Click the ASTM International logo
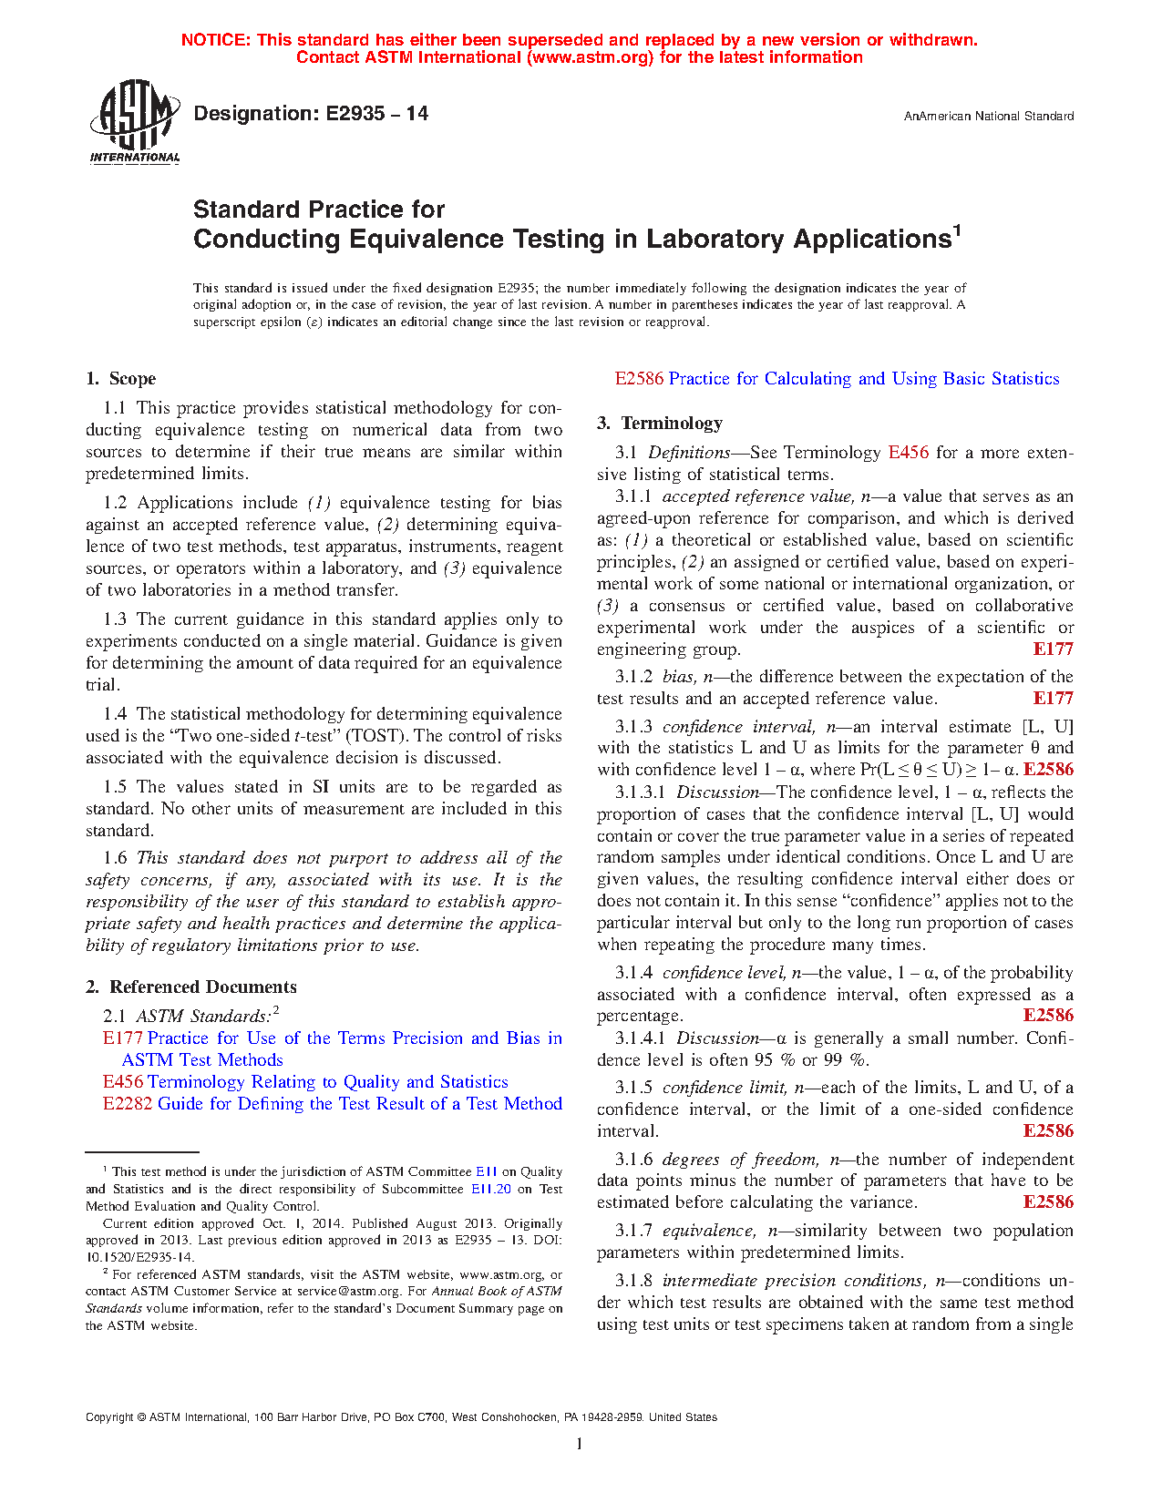(x=135, y=121)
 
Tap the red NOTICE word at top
(x=215, y=40)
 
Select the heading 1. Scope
(x=120, y=379)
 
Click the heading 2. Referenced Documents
(x=190, y=987)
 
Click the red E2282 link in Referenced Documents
(x=128, y=1104)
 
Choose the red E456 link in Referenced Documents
(x=122, y=1082)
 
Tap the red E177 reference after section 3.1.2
(x=1053, y=699)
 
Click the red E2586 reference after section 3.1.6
(x=1048, y=1202)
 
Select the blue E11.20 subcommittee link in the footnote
(x=490, y=1189)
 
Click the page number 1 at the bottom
(x=580, y=1444)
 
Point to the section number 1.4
(x=115, y=714)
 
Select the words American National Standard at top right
(x=998, y=117)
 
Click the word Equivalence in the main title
(x=426, y=239)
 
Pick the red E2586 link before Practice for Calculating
(x=639, y=379)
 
